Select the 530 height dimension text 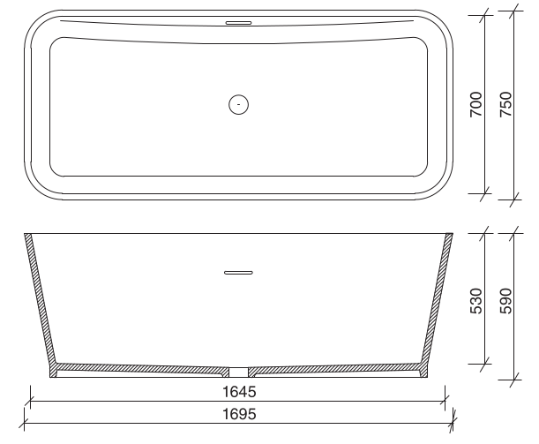point(475,299)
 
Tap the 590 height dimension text point(505,299)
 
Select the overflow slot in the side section point(238,274)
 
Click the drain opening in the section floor point(238,372)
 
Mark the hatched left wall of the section point(41,300)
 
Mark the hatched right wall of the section point(437,300)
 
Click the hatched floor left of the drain point(141,366)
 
